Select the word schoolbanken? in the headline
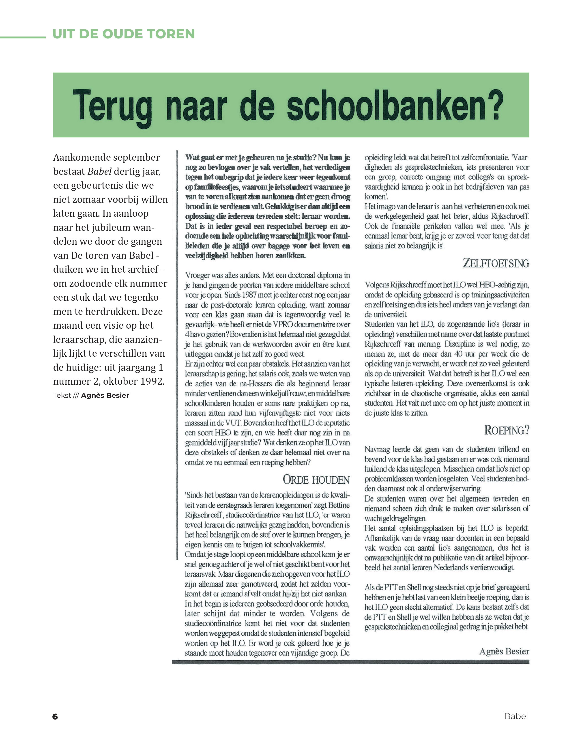pyautogui.click(x=395, y=105)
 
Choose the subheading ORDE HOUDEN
pyautogui.click(x=316, y=480)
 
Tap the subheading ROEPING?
pyautogui.click(x=507, y=431)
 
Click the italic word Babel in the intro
pyautogui.click(x=99, y=171)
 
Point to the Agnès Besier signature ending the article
pyautogui.click(x=504, y=652)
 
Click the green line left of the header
pyautogui.click(x=22, y=37)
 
